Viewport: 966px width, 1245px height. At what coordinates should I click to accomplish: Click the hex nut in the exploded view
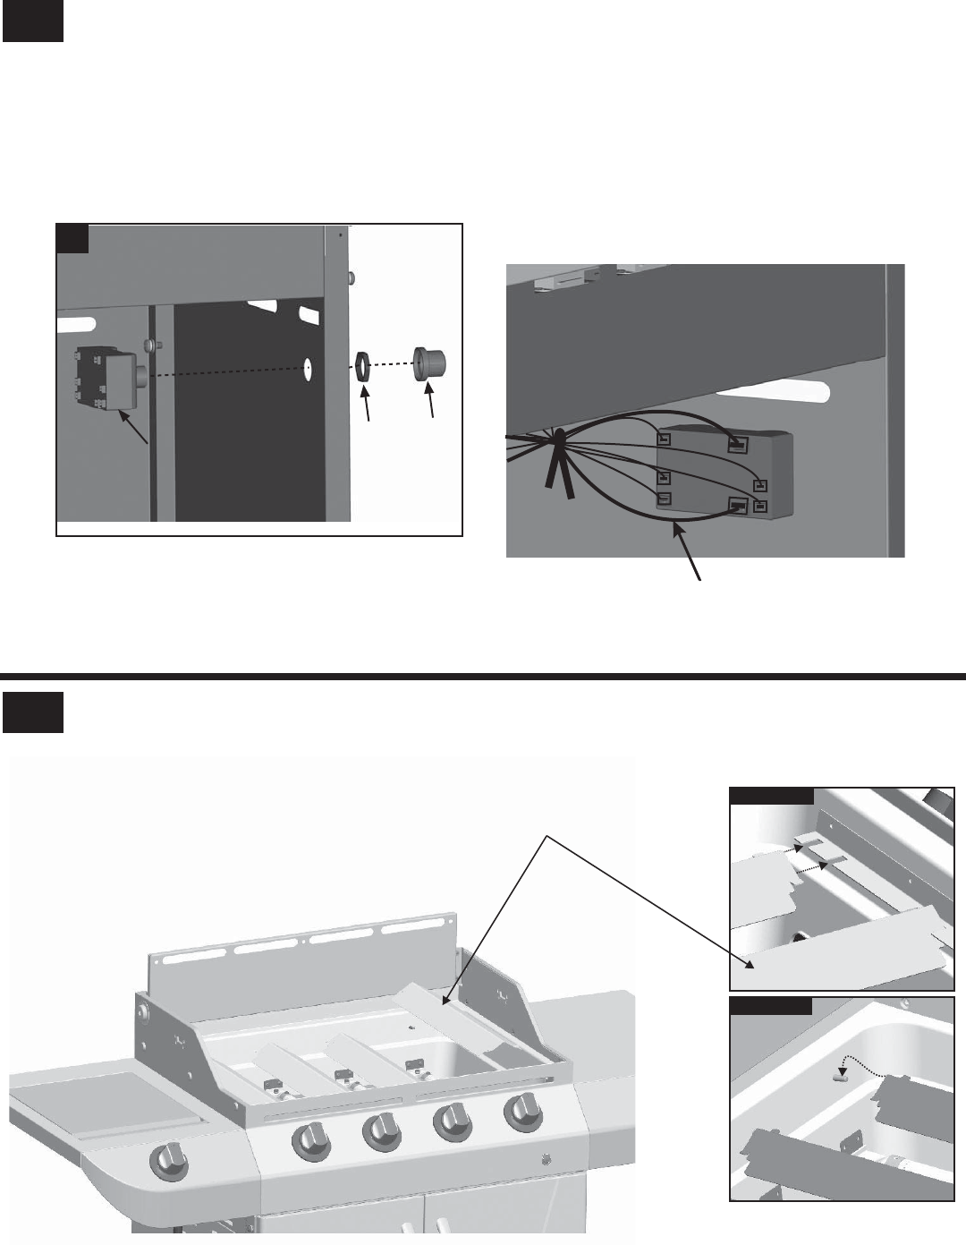click(x=362, y=368)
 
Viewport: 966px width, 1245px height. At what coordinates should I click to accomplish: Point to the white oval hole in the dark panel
click(x=307, y=370)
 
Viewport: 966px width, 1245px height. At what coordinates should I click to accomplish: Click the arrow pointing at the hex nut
click(x=368, y=404)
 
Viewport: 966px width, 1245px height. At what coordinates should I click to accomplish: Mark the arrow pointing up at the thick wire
click(x=689, y=554)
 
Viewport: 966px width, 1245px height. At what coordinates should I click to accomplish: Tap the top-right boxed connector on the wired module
click(x=737, y=444)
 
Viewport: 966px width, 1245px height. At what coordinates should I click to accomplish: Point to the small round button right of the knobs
click(x=547, y=1161)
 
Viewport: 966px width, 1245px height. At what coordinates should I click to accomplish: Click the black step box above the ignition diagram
click(x=32, y=21)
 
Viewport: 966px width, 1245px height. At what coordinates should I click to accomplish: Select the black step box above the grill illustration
click(x=32, y=712)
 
